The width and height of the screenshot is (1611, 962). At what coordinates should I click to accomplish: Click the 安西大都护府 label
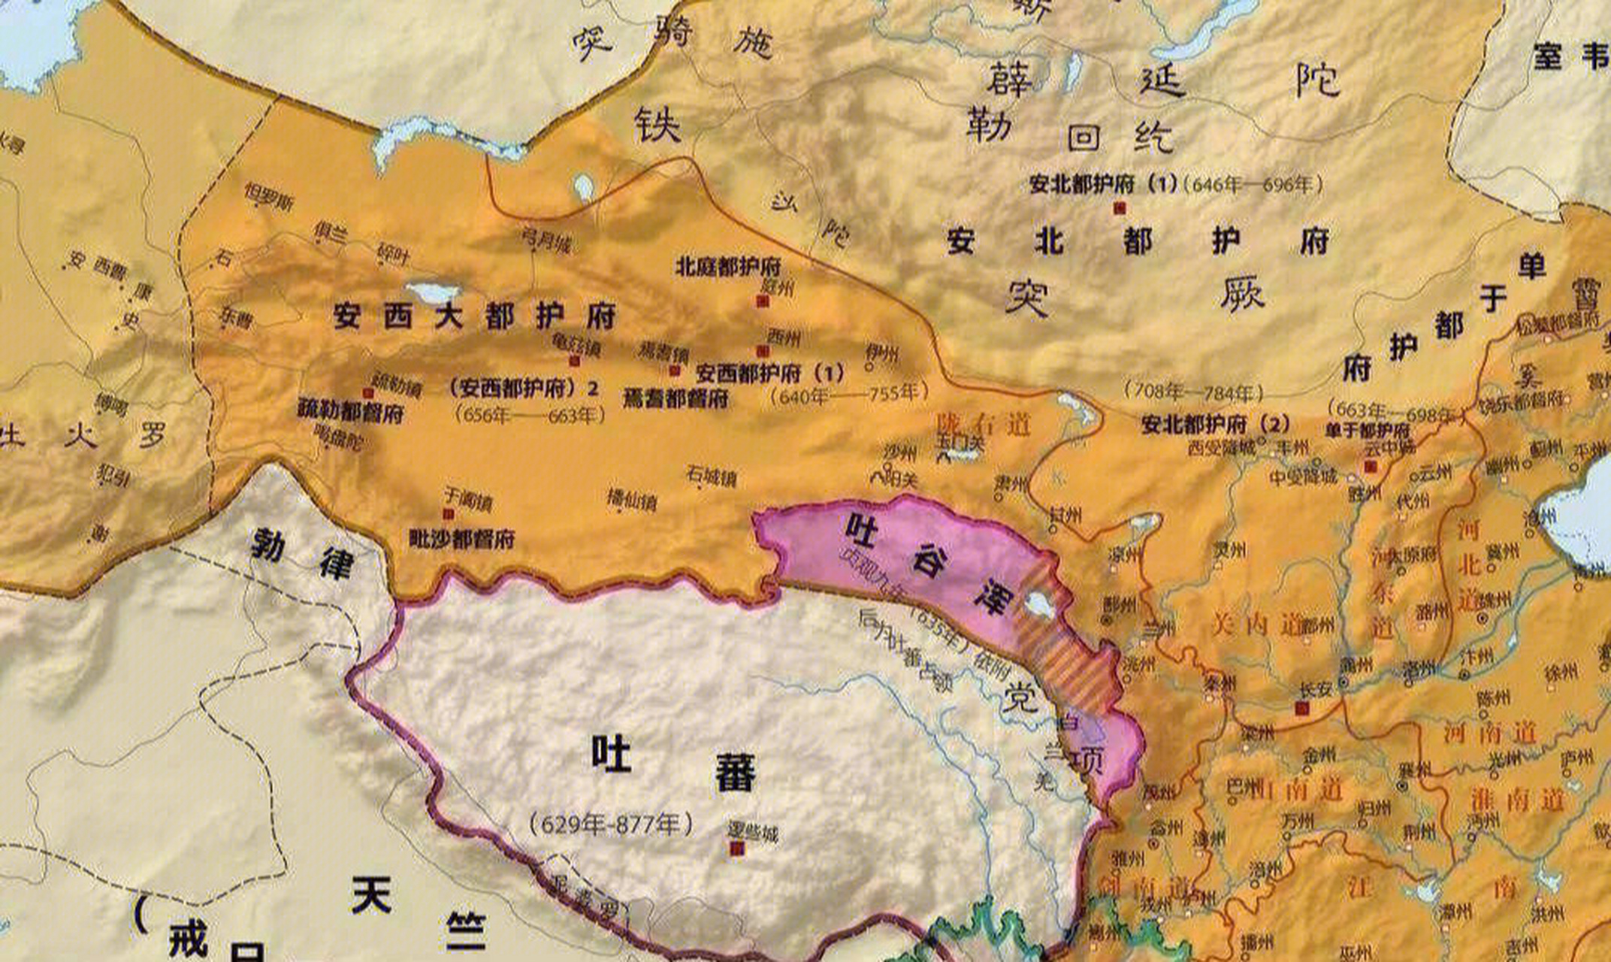(475, 316)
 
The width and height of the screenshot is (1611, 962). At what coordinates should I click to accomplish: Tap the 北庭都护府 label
(728, 266)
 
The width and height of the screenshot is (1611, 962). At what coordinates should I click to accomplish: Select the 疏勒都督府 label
(350, 412)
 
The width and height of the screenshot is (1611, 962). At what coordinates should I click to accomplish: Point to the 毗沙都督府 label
(461, 539)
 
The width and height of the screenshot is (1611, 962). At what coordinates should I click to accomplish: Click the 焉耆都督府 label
(676, 398)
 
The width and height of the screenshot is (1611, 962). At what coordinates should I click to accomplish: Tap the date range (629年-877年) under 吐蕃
(611, 824)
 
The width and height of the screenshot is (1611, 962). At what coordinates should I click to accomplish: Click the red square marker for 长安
(1301, 708)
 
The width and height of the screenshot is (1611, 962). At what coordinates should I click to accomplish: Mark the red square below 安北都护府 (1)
(1120, 208)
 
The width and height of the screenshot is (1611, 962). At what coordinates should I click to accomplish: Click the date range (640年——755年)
(849, 394)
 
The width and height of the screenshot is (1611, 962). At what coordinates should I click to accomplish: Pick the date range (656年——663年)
(530, 415)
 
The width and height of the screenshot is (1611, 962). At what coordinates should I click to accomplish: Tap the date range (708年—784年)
(1193, 392)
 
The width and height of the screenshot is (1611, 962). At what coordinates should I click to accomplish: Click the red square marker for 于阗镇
(449, 514)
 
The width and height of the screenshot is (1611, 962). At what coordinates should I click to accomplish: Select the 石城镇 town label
(711, 476)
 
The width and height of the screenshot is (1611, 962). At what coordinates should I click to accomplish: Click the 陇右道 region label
(983, 425)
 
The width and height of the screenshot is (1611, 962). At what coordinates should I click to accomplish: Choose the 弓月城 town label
(546, 240)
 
